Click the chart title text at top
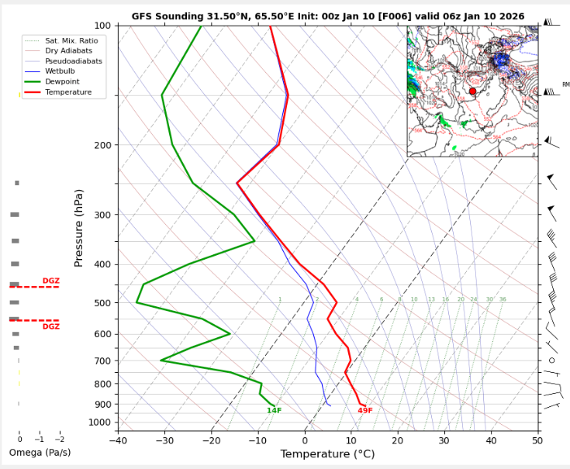pos(327,16)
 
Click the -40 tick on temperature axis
pos(118,440)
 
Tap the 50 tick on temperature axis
pos(537,440)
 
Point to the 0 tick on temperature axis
pos(305,440)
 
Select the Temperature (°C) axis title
pos(327,454)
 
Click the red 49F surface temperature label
pos(365,411)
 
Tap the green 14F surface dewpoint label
pos(274,411)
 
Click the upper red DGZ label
pos(51,281)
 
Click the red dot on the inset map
pos(472,91)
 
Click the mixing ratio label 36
pos(503,299)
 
